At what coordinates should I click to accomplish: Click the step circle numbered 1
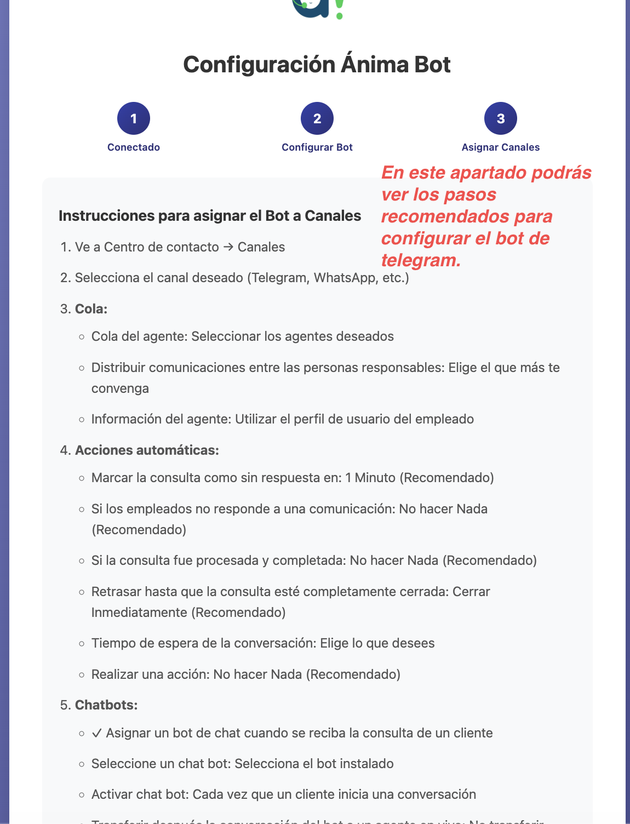click(134, 118)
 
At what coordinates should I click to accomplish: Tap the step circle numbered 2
click(317, 118)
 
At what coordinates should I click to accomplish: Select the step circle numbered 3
click(501, 118)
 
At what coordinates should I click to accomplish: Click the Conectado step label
click(134, 147)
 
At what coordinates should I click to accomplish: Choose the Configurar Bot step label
click(317, 147)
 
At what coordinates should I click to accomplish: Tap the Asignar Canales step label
click(501, 147)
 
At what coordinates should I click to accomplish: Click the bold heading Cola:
click(91, 309)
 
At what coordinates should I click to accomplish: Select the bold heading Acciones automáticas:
click(147, 450)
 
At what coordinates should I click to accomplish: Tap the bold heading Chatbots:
click(106, 705)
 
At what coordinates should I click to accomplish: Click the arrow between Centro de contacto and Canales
click(228, 247)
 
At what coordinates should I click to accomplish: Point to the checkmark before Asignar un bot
click(97, 733)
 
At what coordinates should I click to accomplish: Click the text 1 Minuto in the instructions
click(370, 478)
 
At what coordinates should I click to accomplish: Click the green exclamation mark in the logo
click(339, 8)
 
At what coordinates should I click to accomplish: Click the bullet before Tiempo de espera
click(82, 644)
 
